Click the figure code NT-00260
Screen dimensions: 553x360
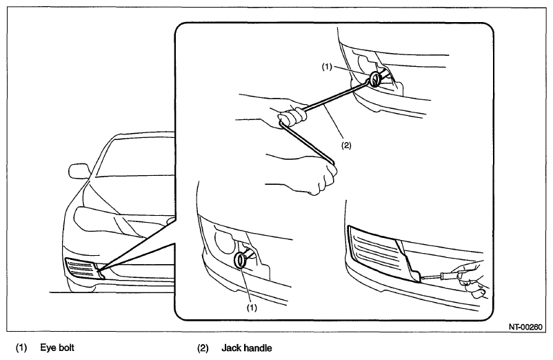coord(525,327)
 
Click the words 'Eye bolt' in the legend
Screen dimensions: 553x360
coord(57,348)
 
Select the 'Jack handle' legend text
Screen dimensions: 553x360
coord(247,348)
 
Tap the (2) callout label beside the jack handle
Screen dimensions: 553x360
coord(346,146)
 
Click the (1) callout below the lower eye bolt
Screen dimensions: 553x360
coord(252,308)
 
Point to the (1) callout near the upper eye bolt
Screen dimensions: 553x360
coord(327,66)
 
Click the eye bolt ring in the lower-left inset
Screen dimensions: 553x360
coord(241,260)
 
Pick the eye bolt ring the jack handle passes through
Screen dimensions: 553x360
coord(375,79)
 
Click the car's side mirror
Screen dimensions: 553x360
coord(79,170)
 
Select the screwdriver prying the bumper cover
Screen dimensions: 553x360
coord(439,276)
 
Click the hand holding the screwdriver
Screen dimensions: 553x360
coord(471,279)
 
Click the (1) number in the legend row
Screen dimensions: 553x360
coord(21,348)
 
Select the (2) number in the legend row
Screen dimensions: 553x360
coord(203,348)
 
